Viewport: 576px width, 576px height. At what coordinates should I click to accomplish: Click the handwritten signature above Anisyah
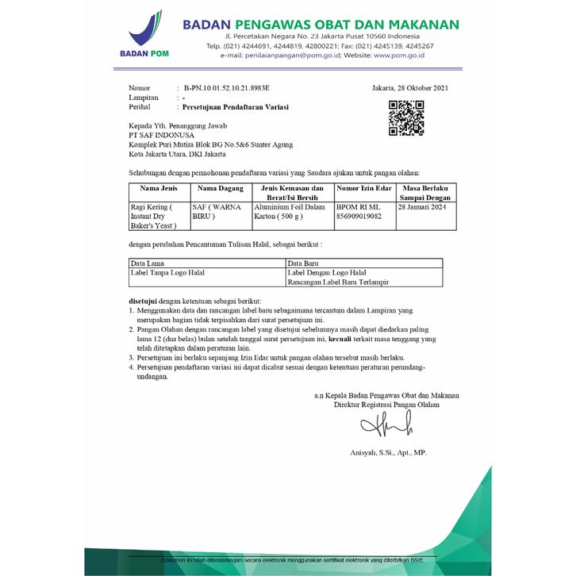pos(386,428)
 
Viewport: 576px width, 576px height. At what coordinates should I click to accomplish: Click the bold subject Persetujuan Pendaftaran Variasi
pos(236,106)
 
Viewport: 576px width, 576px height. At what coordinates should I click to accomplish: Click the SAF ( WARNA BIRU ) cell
pos(217,210)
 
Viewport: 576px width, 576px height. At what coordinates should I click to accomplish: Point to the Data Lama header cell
pos(148,263)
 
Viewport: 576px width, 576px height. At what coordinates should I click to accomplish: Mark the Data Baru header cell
pos(305,263)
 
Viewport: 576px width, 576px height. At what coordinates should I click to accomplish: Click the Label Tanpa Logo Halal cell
pos(167,272)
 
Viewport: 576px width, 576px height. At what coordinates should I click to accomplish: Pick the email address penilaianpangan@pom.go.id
pos(293,56)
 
